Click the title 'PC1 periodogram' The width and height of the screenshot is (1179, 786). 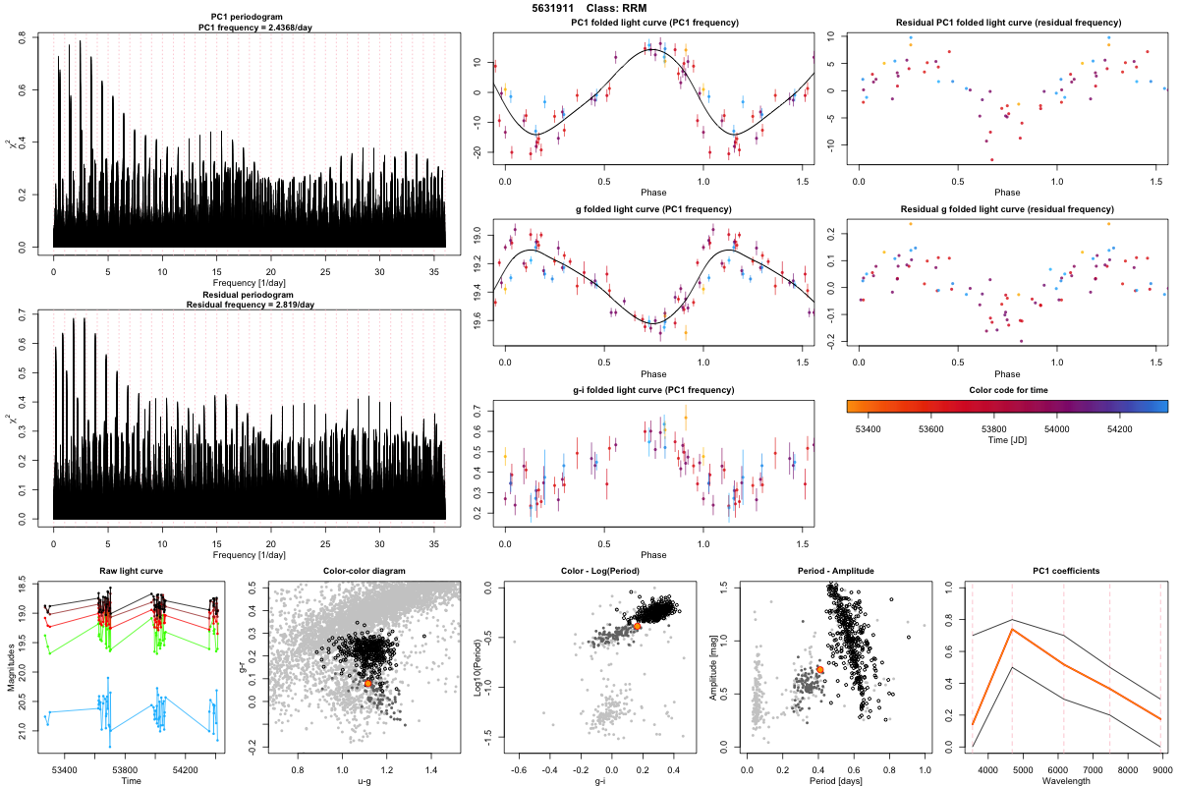250,19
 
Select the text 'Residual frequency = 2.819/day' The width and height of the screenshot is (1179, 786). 250,305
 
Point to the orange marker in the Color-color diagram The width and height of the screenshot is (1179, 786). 367,682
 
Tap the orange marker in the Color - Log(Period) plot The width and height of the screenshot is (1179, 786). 637,625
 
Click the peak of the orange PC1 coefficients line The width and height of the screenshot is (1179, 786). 1012,629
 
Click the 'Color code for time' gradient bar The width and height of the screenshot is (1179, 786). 1006,405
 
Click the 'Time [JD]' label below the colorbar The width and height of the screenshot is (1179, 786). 1006,441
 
